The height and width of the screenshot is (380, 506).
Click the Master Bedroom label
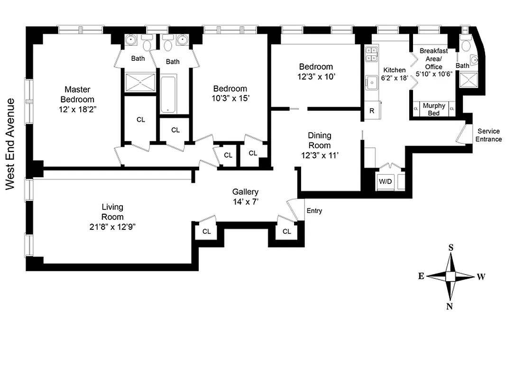[77, 94]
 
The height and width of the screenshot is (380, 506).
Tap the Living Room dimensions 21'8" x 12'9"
[112, 227]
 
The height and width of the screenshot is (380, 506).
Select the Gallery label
[245, 192]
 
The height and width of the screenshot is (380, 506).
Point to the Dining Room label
[320, 140]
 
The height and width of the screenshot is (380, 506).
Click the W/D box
[384, 181]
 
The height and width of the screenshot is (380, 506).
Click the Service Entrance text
[488, 135]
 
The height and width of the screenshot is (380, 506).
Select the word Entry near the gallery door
[314, 211]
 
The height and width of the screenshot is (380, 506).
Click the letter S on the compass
[451, 247]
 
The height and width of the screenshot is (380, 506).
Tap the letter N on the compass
[449, 306]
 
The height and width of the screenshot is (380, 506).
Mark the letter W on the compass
[480, 277]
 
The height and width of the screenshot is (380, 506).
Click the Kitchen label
[395, 70]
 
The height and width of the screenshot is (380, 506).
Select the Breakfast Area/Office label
[433, 58]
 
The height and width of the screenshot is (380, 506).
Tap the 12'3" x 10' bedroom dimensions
[316, 76]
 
